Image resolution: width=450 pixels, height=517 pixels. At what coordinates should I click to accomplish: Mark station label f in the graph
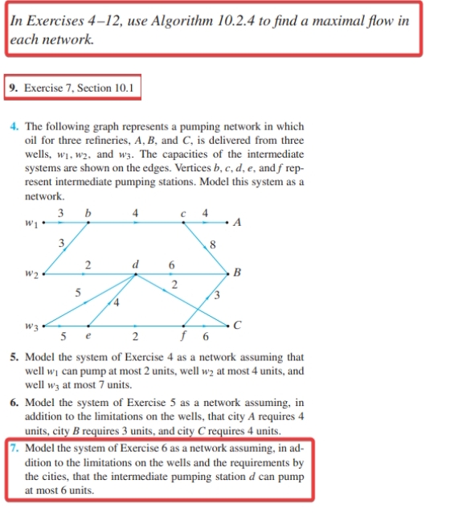point(186,338)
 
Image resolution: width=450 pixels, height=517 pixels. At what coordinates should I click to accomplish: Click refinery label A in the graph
point(239,223)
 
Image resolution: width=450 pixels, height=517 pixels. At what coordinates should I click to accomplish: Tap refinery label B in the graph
point(239,274)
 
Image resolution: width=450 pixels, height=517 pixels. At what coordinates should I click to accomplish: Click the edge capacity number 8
point(212,244)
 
